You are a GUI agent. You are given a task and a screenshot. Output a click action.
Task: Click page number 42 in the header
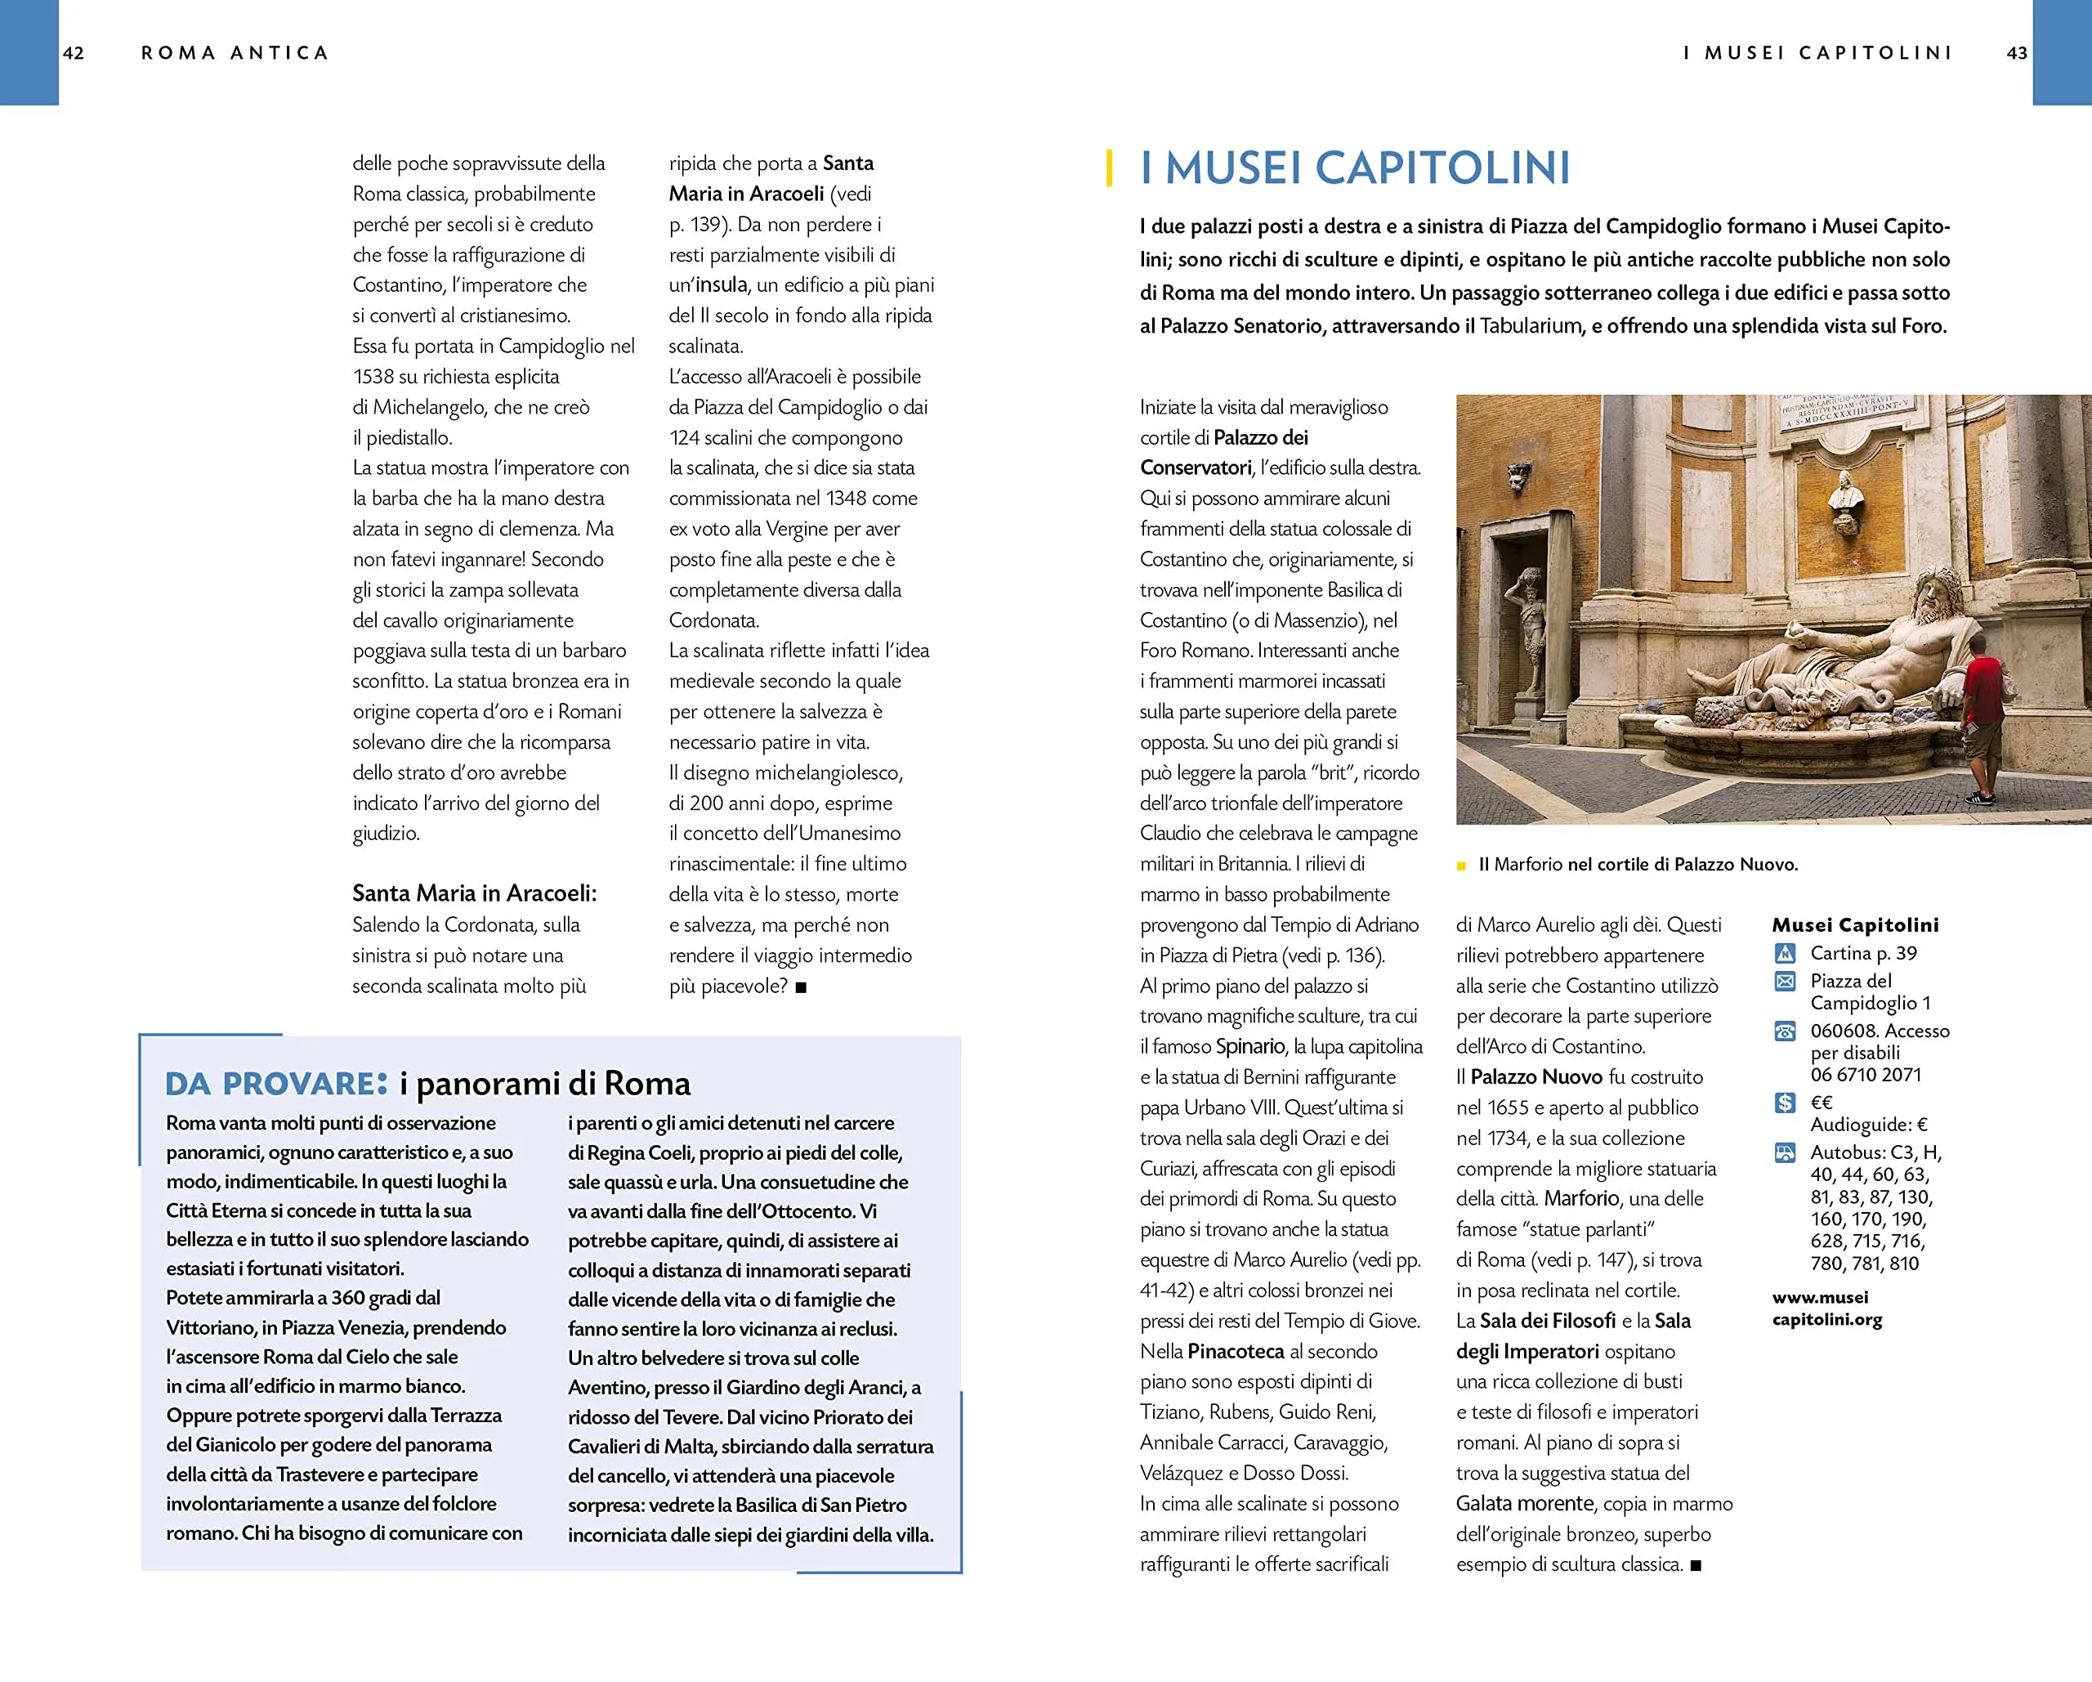tap(73, 53)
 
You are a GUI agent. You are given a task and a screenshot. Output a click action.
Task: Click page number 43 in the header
tap(2016, 53)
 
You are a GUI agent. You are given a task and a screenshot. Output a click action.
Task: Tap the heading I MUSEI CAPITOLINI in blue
tap(1355, 168)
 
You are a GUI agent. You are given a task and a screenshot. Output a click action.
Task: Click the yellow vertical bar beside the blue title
tap(1109, 168)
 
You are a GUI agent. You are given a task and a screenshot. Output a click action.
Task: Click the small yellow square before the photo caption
tap(1461, 866)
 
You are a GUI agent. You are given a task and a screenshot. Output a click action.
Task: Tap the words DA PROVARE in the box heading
tap(275, 1084)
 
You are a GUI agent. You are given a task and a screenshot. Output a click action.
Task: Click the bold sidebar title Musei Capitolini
tap(1854, 925)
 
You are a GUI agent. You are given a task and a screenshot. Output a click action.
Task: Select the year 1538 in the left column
tap(373, 377)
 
